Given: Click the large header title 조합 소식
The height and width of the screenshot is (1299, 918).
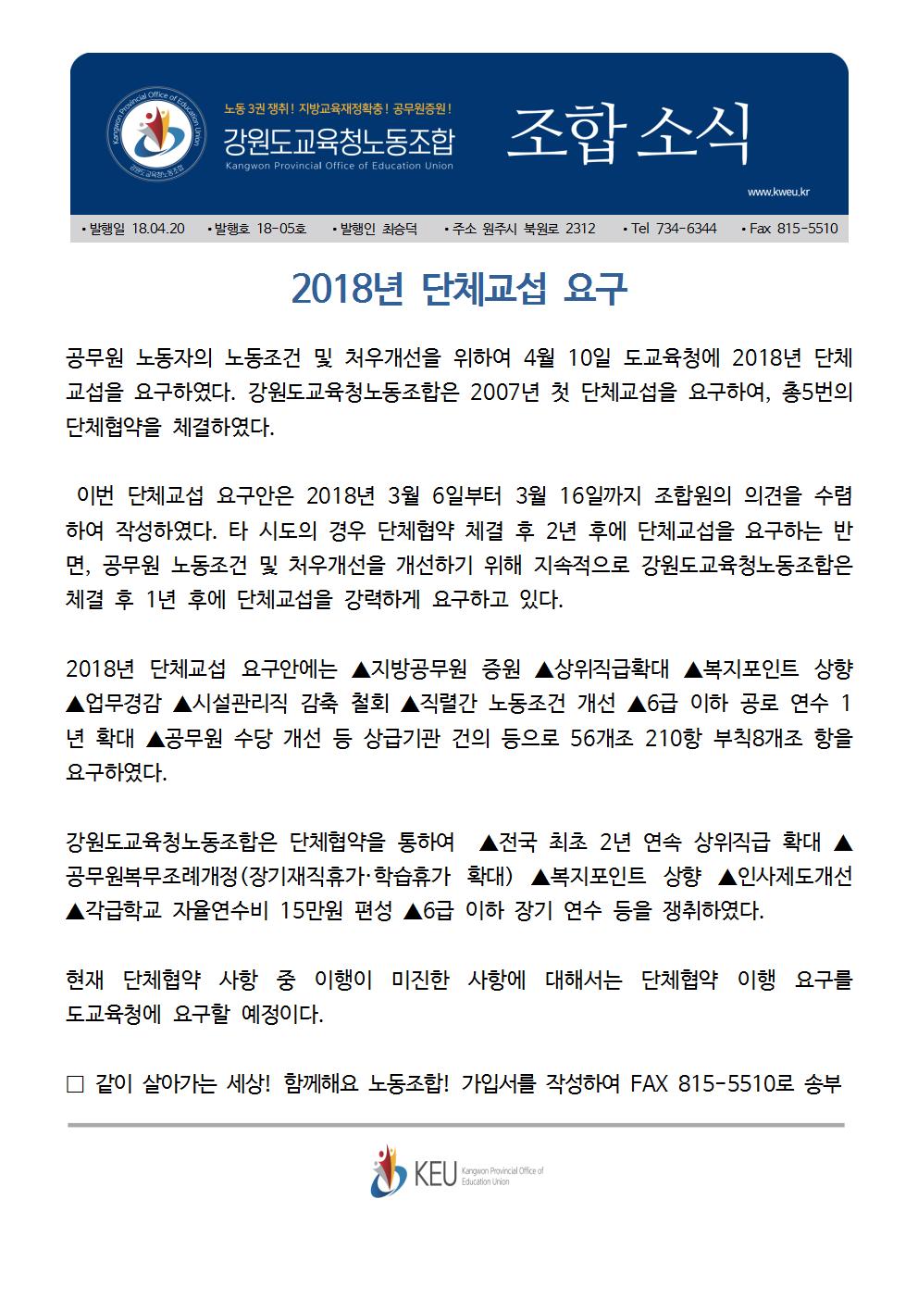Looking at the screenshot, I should (628, 132).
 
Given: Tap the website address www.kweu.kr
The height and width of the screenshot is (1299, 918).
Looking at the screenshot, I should (784, 193).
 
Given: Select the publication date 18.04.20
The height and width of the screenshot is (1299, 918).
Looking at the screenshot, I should (158, 228).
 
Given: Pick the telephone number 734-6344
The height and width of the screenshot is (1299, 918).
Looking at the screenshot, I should (686, 228).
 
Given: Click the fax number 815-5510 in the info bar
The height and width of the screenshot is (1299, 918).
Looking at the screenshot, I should (806, 228).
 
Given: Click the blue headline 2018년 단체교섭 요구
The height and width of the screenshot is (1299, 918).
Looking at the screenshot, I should (459, 289).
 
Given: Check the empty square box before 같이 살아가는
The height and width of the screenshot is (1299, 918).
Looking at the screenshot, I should (76, 1083).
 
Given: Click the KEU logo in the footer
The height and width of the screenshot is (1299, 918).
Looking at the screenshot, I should (413, 1172).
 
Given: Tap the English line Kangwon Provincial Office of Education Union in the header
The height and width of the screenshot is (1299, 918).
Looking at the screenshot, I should (339, 167).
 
